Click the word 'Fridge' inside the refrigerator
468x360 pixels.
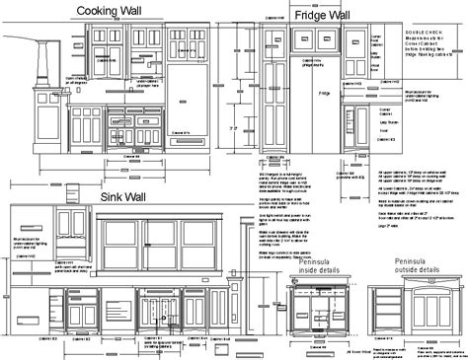coord(323,93)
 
